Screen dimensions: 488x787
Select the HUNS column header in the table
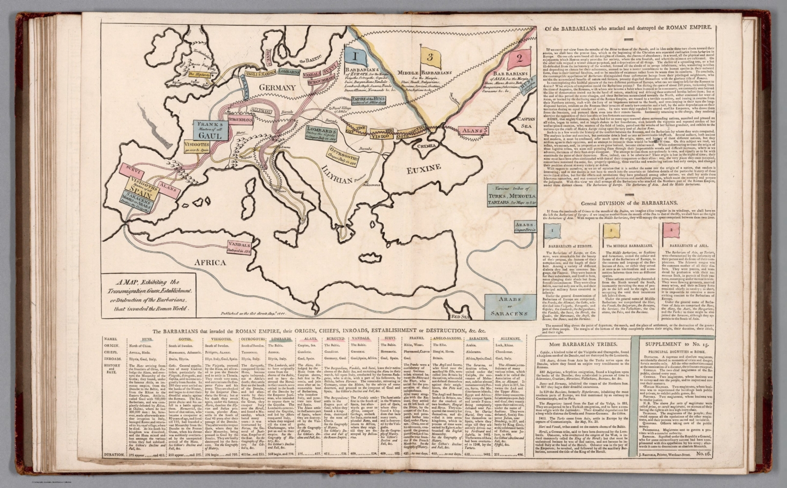[140, 339]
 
